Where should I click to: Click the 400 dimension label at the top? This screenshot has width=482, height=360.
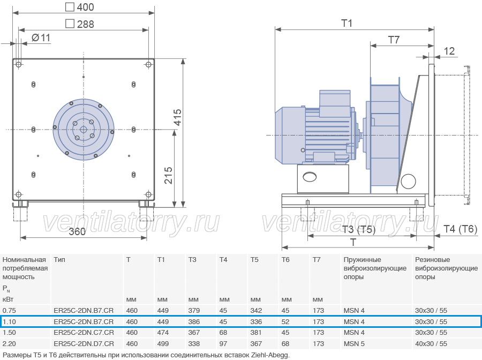[80, 7]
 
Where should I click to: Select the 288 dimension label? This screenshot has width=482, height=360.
[80, 24]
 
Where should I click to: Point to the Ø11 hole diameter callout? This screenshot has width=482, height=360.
[41, 38]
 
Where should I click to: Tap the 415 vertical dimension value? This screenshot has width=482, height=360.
[178, 117]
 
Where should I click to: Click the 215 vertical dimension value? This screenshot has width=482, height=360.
[169, 176]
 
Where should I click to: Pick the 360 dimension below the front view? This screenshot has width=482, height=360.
[77, 231]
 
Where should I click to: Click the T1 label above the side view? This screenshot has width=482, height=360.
[347, 23]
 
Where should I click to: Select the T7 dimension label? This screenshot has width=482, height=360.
[394, 40]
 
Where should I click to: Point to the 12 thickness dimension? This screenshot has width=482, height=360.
[449, 51]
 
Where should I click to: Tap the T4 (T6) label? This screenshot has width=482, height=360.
[460, 229]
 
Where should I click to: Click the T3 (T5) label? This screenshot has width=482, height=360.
[359, 229]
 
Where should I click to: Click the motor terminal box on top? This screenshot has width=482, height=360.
[335, 103]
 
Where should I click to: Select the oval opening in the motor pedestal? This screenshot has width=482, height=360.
[310, 177]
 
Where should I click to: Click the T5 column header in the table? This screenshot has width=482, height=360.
[254, 260]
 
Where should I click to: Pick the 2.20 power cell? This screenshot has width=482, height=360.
[9, 344]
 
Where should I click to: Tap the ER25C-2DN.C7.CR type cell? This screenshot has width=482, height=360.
[84, 333]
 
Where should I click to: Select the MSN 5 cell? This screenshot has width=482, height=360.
[354, 344]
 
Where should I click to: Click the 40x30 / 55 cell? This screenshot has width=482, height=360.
[431, 344]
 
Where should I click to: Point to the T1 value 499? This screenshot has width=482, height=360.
[163, 344]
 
